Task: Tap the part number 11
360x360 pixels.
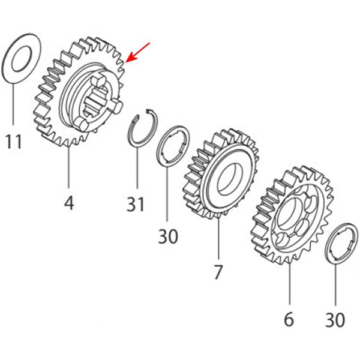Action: (x=14, y=142)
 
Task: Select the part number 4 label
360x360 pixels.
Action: (x=69, y=203)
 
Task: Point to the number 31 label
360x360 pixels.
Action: (x=136, y=204)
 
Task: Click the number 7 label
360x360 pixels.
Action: (x=218, y=272)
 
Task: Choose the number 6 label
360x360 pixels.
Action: (x=289, y=319)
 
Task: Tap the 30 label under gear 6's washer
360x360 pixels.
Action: (x=335, y=319)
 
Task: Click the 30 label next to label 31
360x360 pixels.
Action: (x=168, y=236)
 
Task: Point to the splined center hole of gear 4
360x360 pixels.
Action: (x=95, y=101)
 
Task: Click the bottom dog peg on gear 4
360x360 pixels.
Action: (x=81, y=125)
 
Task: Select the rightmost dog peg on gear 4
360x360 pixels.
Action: (x=117, y=107)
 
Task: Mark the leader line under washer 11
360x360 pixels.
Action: (x=13, y=104)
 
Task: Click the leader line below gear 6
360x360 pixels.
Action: (x=290, y=284)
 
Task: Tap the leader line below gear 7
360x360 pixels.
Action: (x=218, y=239)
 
